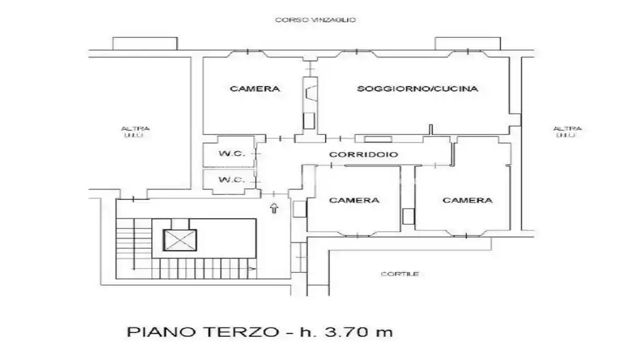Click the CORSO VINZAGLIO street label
315,19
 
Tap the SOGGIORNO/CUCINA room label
417,89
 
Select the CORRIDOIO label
363,154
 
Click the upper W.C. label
231,154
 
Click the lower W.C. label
231,179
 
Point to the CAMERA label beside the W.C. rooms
255,89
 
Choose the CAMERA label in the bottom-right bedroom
467,201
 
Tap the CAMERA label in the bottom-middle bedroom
354,201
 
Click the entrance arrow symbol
274,208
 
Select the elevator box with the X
180,240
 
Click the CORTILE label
399,274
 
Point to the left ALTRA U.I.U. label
136,132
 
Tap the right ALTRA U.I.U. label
567,132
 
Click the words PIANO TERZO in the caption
203,332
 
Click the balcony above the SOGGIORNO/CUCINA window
467,43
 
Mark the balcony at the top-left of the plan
145,43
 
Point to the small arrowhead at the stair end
252,269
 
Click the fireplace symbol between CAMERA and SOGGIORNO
310,94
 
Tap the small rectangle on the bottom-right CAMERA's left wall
409,216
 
